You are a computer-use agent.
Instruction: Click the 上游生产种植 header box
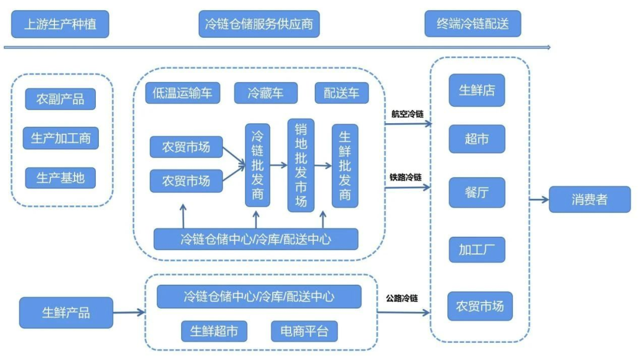60,25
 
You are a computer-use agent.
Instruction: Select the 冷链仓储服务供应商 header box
259,25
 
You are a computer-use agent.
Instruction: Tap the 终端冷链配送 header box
472,25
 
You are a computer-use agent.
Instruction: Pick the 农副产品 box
60,98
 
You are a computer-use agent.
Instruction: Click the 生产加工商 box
60,139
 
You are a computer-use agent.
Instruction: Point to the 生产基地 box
60,178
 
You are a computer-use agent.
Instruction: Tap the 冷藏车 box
265,93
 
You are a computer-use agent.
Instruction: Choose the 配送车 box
341,93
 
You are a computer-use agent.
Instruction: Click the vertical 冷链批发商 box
257,165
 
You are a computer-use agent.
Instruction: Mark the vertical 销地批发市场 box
301,165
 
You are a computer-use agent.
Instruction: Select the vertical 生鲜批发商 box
345,165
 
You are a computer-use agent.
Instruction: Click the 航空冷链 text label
407,114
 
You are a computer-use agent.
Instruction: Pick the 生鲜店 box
477,91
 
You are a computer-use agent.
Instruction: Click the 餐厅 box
477,192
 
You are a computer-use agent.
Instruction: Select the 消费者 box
589,200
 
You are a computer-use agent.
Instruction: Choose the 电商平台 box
304,331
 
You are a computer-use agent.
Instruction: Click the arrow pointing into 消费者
538,200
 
